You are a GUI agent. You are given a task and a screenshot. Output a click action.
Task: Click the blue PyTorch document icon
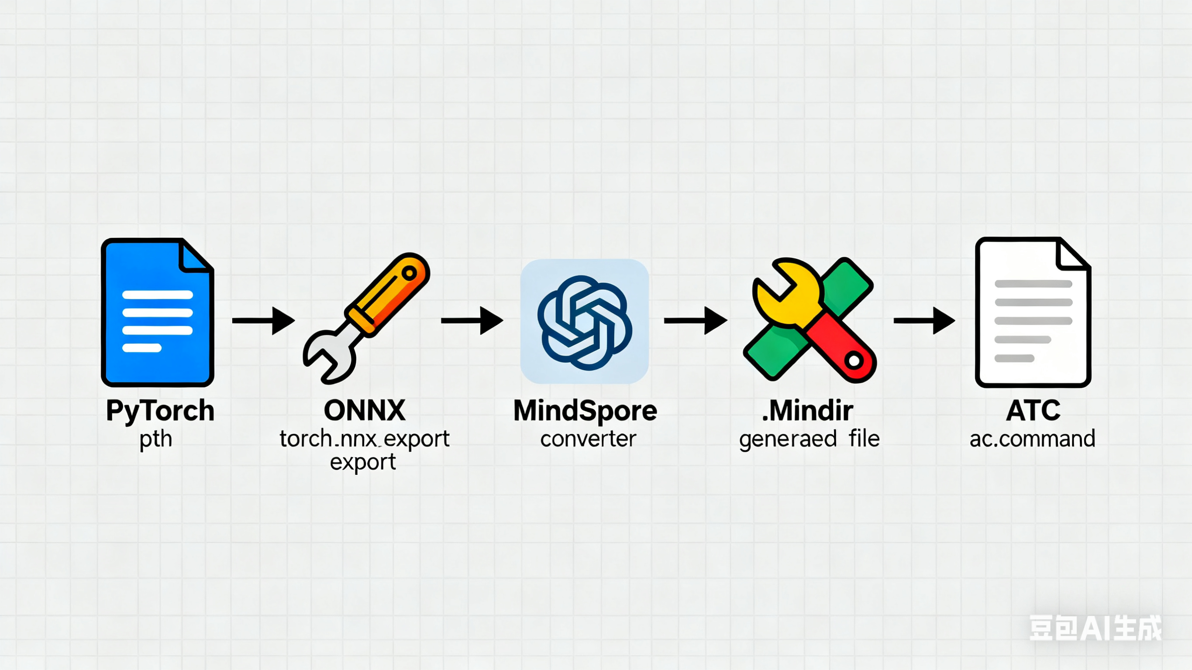tap(157, 313)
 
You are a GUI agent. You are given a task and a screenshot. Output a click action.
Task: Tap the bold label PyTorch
tap(160, 410)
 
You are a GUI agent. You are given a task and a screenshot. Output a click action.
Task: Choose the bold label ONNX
tap(365, 410)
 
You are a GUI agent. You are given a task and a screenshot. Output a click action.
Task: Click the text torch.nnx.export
tap(364, 439)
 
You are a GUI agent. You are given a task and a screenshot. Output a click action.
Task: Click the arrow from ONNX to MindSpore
tap(472, 320)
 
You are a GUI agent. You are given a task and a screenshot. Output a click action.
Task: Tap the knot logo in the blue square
tap(585, 322)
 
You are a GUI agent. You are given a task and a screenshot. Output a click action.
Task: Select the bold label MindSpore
tap(585, 410)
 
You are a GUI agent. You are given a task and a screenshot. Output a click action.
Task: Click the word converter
tap(588, 439)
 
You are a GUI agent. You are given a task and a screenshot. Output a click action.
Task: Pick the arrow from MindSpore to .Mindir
tap(695, 320)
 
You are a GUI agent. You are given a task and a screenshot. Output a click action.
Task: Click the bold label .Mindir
tap(807, 410)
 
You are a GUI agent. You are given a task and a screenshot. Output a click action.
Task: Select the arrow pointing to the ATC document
tap(923, 320)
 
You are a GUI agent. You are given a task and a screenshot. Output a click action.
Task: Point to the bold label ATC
tap(1033, 410)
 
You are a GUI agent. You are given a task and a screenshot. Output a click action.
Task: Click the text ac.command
tap(1032, 439)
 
